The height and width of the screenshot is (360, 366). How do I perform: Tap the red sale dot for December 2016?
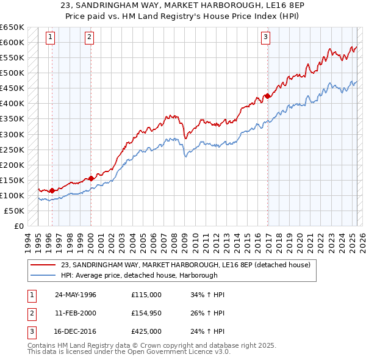pyautogui.click(x=267, y=95)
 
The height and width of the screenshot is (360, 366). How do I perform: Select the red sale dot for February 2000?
pyautogui.click(x=91, y=178)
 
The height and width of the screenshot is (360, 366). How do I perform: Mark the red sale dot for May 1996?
pyautogui.click(x=52, y=190)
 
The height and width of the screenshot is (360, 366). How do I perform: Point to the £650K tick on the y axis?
pyautogui.click(x=12, y=27)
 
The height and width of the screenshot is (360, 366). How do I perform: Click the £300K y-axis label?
pyautogui.click(x=12, y=134)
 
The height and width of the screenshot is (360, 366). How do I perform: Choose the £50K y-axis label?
pyautogui.click(x=15, y=211)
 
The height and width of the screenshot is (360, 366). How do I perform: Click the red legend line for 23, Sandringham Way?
pyautogui.click(x=43, y=265)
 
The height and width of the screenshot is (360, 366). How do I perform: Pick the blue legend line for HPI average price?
pyautogui.click(x=43, y=275)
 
